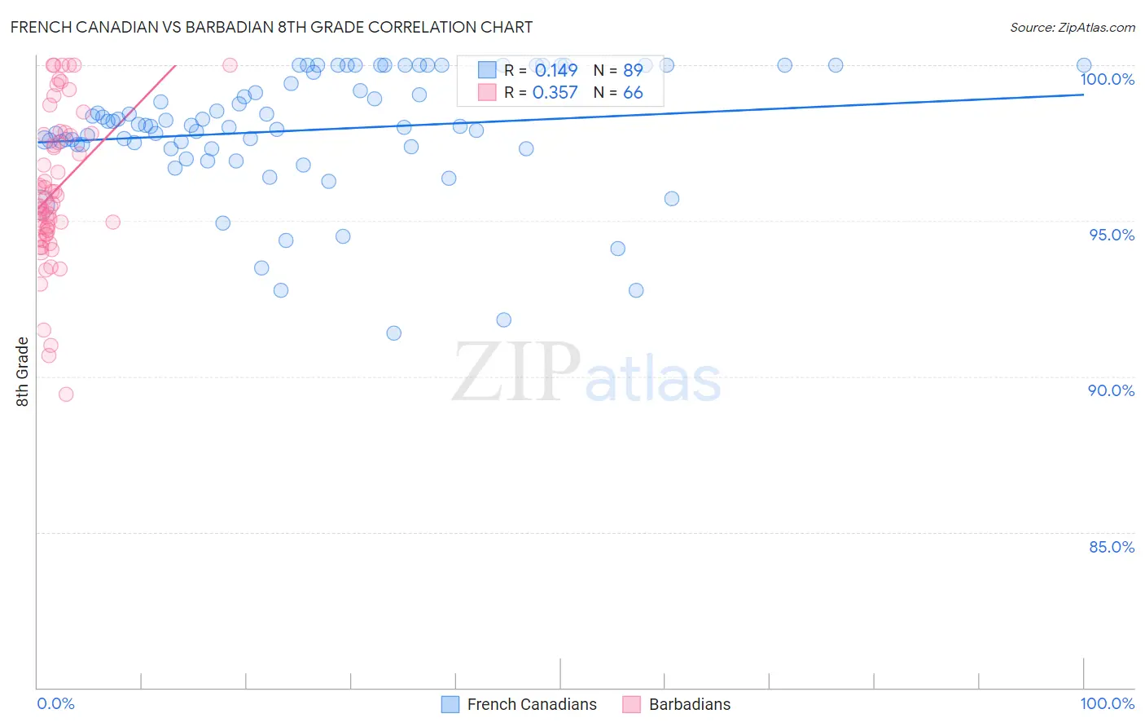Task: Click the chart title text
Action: coord(271,27)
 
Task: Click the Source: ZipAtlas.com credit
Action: coord(1072,28)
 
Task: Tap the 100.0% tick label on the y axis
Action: coord(1107,79)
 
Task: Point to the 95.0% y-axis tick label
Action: coord(1112,235)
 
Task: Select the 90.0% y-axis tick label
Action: coord(1111,390)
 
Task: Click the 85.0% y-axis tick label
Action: coord(1111,547)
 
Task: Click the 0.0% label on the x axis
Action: coord(55,703)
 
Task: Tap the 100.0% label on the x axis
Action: coord(1107,703)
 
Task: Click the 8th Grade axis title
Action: coord(22,372)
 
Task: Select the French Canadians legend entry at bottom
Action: coord(531,704)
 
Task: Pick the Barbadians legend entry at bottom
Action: coord(689,704)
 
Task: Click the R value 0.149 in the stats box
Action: coord(555,70)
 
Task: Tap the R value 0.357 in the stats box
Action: coord(555,92)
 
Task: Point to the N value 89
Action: coord(633,70)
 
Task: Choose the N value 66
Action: coord(633,92)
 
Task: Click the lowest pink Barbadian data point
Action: coord(66,394)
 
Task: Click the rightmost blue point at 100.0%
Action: coord(1084,65)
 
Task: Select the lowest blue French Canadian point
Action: coord(394,333)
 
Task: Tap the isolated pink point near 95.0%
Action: coord(113,222)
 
